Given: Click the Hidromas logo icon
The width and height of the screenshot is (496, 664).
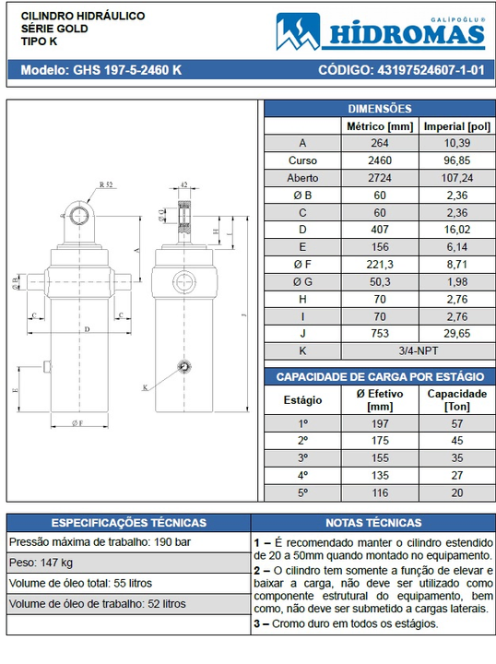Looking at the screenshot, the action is click(298, 31).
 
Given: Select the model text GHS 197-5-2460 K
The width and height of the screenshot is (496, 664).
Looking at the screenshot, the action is click(127, 70).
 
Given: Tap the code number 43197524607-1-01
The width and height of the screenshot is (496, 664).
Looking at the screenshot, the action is click(431, 70).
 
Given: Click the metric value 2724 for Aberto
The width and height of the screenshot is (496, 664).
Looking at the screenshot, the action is click(380, 178).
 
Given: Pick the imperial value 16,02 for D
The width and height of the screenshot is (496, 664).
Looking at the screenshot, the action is click(457, 230).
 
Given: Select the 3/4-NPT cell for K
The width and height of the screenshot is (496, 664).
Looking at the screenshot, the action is click(419, 350).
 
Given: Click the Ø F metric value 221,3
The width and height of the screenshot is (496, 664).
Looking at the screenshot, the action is click(380, 265).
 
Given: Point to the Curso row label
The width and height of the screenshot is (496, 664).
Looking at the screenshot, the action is click(302, 160).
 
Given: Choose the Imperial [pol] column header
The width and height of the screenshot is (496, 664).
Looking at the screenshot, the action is click(457, 126).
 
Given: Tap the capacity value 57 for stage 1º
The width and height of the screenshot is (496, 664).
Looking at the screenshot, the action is click(457, 423).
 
